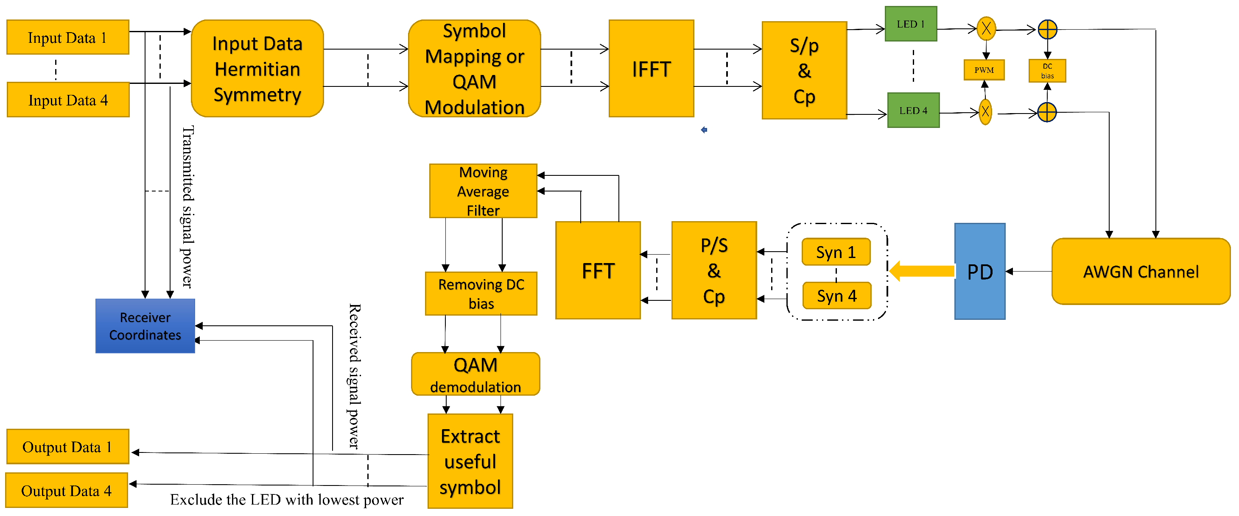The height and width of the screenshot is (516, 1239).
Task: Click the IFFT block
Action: point(651,68)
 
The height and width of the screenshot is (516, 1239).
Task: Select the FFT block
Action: point(597,270)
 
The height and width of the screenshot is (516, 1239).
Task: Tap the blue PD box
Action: point(979,271)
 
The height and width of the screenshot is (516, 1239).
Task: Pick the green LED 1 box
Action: point(911,24)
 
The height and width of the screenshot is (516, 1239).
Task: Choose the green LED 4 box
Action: point(913,110)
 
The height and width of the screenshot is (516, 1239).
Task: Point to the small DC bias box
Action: point(1047,71)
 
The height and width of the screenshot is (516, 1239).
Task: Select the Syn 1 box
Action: point(836,252)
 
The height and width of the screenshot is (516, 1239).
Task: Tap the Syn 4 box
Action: point(836,295)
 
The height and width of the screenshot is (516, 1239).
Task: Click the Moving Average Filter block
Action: point(483,191)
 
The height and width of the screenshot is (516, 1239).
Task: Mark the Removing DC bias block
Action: point(481,294)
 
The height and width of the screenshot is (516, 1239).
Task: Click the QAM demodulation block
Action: point(475,374)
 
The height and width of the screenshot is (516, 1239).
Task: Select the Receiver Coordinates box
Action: point(145,326)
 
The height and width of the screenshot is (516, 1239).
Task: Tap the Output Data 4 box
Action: point(66,490)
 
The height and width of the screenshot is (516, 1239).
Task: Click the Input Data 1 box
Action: point(67,37)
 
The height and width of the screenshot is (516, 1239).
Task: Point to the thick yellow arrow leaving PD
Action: point(921,271)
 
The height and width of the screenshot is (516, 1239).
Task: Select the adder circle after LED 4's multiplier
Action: point(1046,112)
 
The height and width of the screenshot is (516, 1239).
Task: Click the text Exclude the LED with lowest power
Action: point(287,499)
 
